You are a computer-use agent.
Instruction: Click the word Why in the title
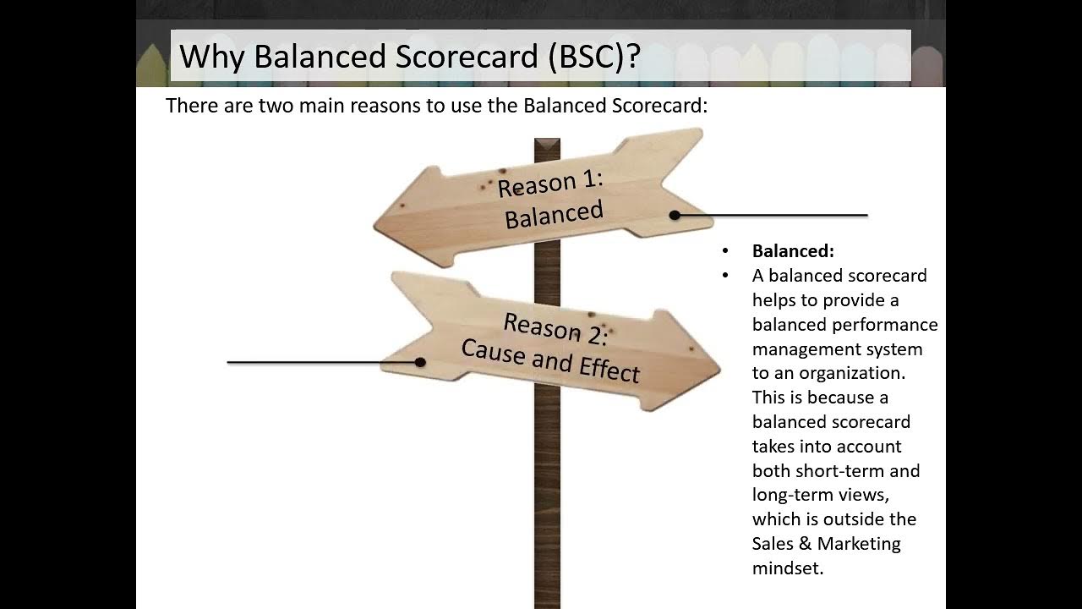(x=212, y=56)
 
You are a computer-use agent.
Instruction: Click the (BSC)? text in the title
(x=594, y=56)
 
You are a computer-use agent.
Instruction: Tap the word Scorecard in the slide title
(x=467, y=56)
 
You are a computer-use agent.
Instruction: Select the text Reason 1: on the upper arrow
(x=550, y=184)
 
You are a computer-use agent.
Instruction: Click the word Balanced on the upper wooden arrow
(x=554, y=214)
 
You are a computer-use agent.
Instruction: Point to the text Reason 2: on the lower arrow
(x=555, y=329)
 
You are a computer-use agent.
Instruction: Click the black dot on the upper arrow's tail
(x=675, y=215)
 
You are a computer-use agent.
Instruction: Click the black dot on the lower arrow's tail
(x=420, y=362)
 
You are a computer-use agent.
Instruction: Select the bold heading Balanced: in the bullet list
(x=793, y=251)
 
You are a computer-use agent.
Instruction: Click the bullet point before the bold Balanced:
(x=725, y=251)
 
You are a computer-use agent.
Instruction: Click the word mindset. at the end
(x=788, y=568)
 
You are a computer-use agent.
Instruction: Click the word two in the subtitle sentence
(x=276, y=106)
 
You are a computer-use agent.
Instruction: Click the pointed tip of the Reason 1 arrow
(x=374, y=228)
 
